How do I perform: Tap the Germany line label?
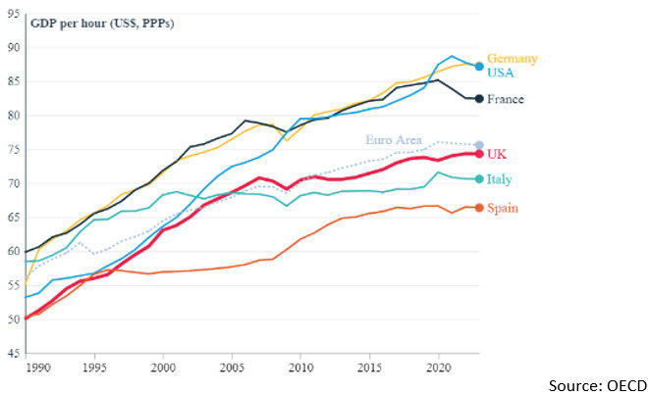pos(513,59)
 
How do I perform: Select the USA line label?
pos(501,73)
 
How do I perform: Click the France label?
pos(506,99)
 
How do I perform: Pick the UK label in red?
pos(497,155)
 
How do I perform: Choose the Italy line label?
pos(499,180)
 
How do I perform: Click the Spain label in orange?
pos(503,208)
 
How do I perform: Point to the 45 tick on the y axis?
pos(15,353)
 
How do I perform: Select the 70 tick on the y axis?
pos(15,183)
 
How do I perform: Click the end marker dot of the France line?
pos(478,98)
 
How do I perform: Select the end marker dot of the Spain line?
pos(478,208)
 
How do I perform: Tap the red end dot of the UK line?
pos(478,154)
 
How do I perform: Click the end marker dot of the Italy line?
pos(478,179)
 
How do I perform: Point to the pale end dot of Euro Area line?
pos(478,145)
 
